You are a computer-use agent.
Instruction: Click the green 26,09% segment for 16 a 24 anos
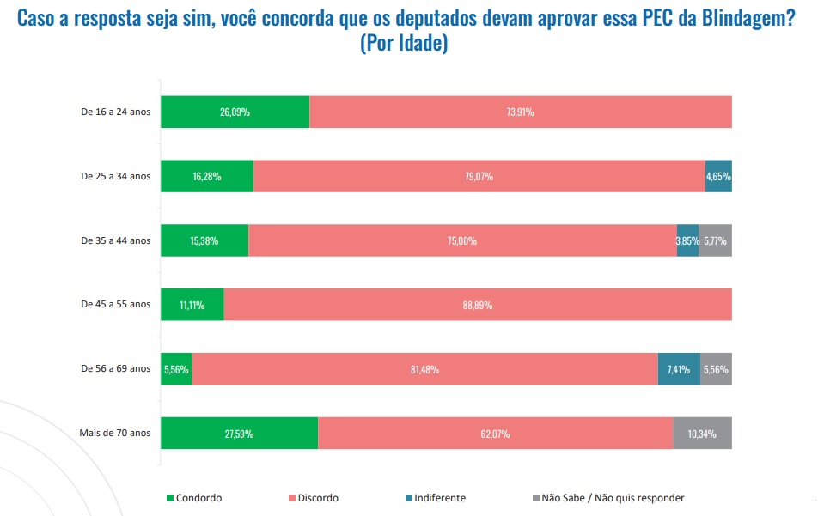[x=235, y=112]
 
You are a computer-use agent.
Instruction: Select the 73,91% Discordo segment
[x=520, y=112]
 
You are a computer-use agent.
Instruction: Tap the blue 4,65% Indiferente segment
[x=718, y=176]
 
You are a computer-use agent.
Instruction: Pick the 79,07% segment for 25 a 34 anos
[x=479, y=176]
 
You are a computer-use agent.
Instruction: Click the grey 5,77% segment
[x=715, y=240]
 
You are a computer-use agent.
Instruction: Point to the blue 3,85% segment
[x=687, y=240]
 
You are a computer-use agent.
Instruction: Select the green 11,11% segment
[x=192, y=305]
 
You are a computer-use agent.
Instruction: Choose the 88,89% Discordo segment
[x=477, y=305]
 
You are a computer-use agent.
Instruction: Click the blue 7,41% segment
[x=679, y=369]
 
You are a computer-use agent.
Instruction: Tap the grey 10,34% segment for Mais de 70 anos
[x=702, y=434]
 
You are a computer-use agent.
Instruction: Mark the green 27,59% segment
[x=239, y=434]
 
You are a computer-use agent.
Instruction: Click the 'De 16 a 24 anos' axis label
[x=115, y=112]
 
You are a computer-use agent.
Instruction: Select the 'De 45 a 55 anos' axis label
[x=115, y=305]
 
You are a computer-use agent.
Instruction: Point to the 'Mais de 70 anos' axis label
[x=115, y=433]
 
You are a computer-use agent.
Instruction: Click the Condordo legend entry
[x=198, y=498]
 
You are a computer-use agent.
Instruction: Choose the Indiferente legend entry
[x=439, y=498]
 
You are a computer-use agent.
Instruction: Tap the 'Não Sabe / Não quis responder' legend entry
[x=612, y=498]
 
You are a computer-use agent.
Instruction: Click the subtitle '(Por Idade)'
[x=404, y=44]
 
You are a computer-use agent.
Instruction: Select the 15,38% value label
[x=204, y=240]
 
